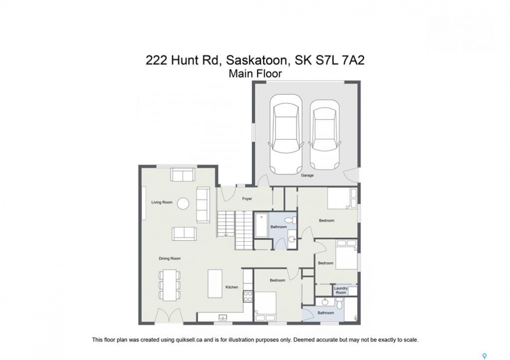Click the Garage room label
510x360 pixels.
307,175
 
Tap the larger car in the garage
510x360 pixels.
286,134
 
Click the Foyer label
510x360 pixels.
247,198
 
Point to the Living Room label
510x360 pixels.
162,202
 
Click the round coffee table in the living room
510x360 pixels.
184,203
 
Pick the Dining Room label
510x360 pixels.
170,258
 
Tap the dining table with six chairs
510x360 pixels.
170,284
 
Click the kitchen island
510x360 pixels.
215,283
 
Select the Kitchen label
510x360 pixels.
232,287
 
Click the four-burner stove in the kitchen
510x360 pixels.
248,296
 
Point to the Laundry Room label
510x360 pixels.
340,290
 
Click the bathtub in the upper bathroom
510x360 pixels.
261,225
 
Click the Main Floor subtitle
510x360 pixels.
255,73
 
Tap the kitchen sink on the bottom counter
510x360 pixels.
223,317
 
